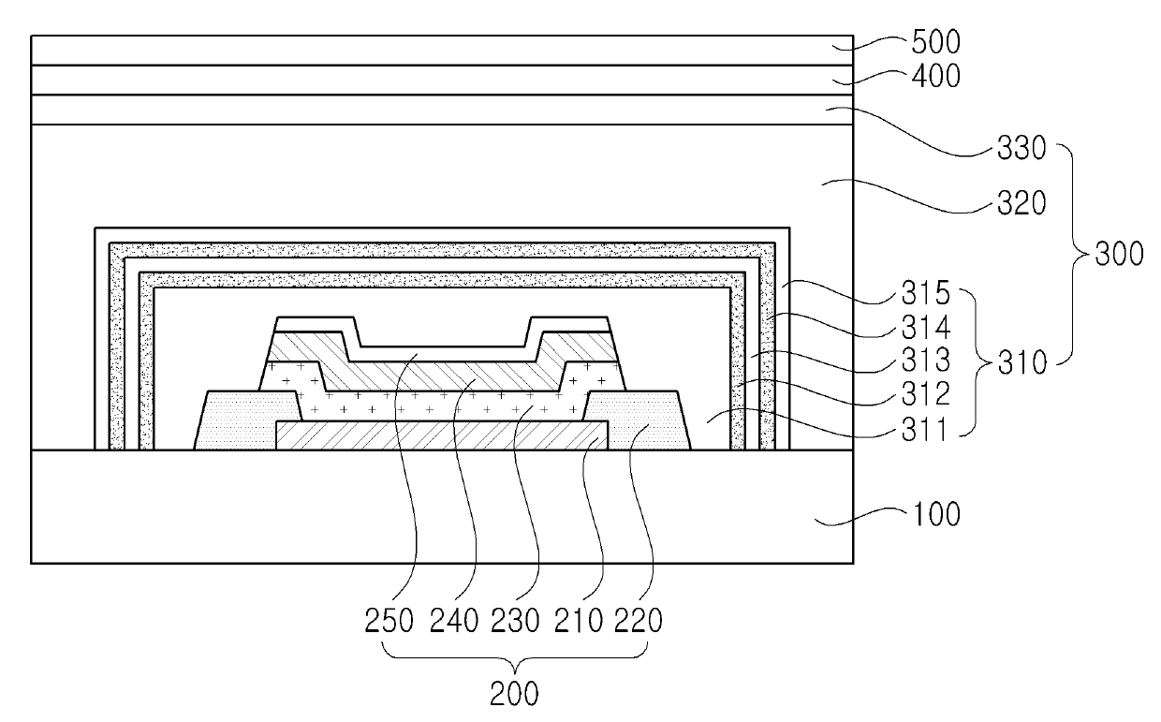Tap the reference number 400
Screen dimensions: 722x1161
tap(935, 76)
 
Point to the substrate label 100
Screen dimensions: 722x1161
tap(935, 515)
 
